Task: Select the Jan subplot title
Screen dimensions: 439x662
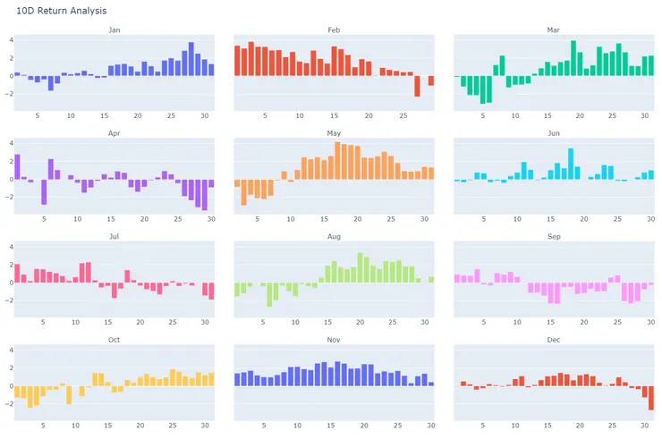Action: [114, 30]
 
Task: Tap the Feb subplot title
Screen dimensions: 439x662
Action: [334, 30]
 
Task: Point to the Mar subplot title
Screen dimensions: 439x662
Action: [554, 30]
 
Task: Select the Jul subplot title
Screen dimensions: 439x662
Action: [114, 237]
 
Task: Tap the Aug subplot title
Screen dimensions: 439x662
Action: [334, 237]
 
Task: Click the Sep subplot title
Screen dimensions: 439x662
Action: [554, 237]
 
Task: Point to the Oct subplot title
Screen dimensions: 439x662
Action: [114, 340]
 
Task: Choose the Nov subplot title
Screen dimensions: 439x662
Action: [334, 340]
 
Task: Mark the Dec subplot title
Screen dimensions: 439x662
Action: [554, 340]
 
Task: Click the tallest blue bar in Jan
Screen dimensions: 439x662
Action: [191, 59]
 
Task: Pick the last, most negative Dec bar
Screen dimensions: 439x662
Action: [651, 398]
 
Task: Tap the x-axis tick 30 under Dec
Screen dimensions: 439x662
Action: [645, 425]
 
